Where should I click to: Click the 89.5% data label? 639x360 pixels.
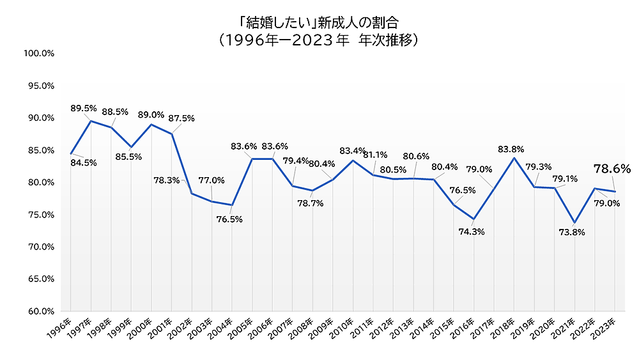[84, 108]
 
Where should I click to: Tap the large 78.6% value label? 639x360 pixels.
[612, 169]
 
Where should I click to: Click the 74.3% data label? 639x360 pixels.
[472, 231]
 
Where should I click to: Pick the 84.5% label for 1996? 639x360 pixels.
[84, 162]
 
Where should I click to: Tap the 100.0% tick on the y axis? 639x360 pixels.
[38, 53]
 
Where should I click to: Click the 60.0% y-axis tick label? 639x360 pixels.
[38, 311]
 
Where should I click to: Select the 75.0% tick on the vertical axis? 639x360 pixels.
[38, 215]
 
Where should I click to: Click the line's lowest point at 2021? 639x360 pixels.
[574, 223]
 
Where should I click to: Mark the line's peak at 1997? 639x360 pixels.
[91, 121]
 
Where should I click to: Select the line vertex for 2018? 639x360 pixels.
[514, 157]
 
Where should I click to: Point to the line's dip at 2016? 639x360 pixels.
[473, 219]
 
